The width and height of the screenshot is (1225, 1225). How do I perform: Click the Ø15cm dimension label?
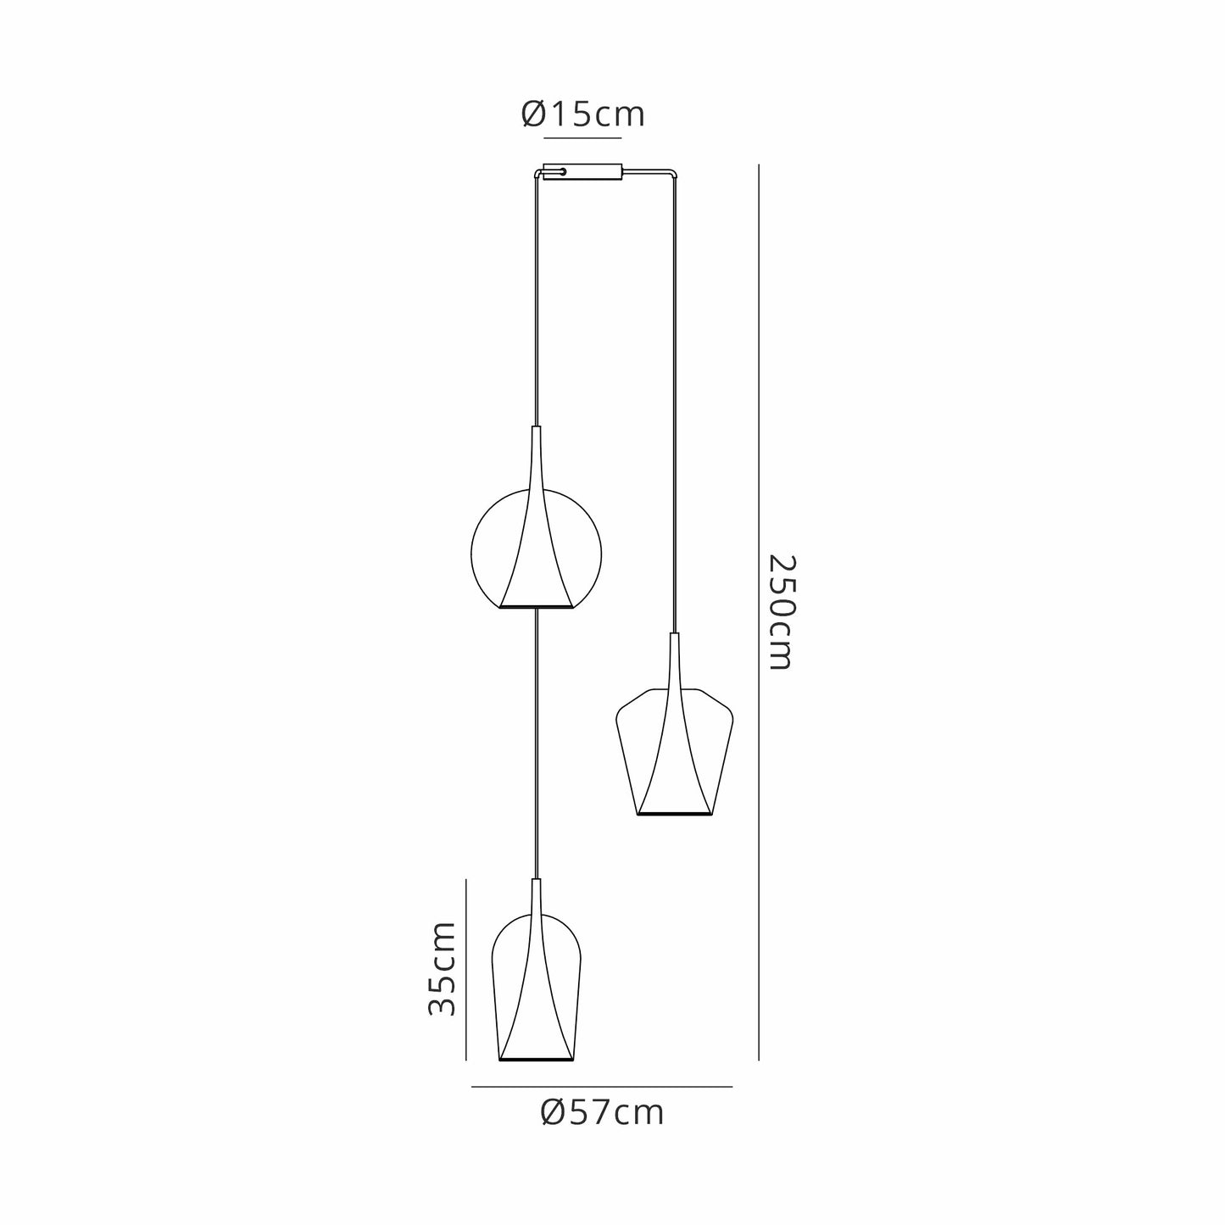pyautogui.click(x=582, y=114)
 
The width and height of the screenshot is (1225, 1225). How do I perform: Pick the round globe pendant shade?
pyautogui.click(x=536, y=548)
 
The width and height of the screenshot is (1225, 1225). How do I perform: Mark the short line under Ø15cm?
pyautogui.click(x=583, y=137)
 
